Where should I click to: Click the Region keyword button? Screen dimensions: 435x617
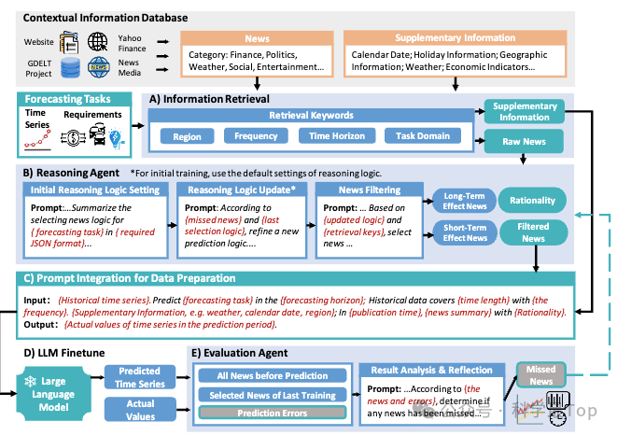(x=187, y=136)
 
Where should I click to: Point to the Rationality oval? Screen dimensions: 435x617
(x=533, y=200)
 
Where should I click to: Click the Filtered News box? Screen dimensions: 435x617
(x=533, y=232)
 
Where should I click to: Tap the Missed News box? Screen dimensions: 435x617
(x=541, y=374)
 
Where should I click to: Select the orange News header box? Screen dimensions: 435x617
(x=257, y=40)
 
